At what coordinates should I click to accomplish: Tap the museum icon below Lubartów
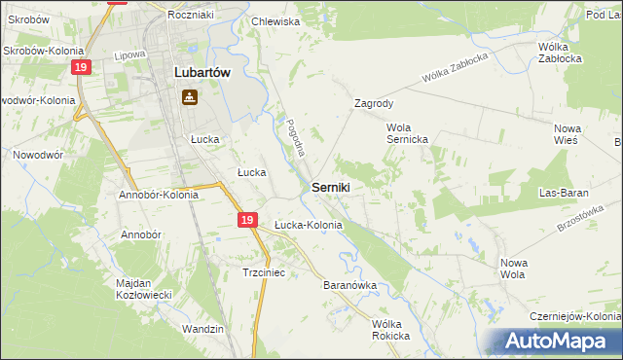tap(189, 97)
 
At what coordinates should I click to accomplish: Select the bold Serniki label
tap(331, 186)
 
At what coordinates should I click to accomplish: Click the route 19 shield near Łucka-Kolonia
tap(248, 222)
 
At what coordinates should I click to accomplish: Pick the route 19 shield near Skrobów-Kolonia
tap(82, 66)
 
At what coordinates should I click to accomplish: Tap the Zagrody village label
tap(374, 102)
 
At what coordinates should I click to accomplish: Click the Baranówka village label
tap(349, 286)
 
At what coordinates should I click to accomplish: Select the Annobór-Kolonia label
tap(159, 195)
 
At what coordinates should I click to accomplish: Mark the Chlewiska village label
tap(276, 20)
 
